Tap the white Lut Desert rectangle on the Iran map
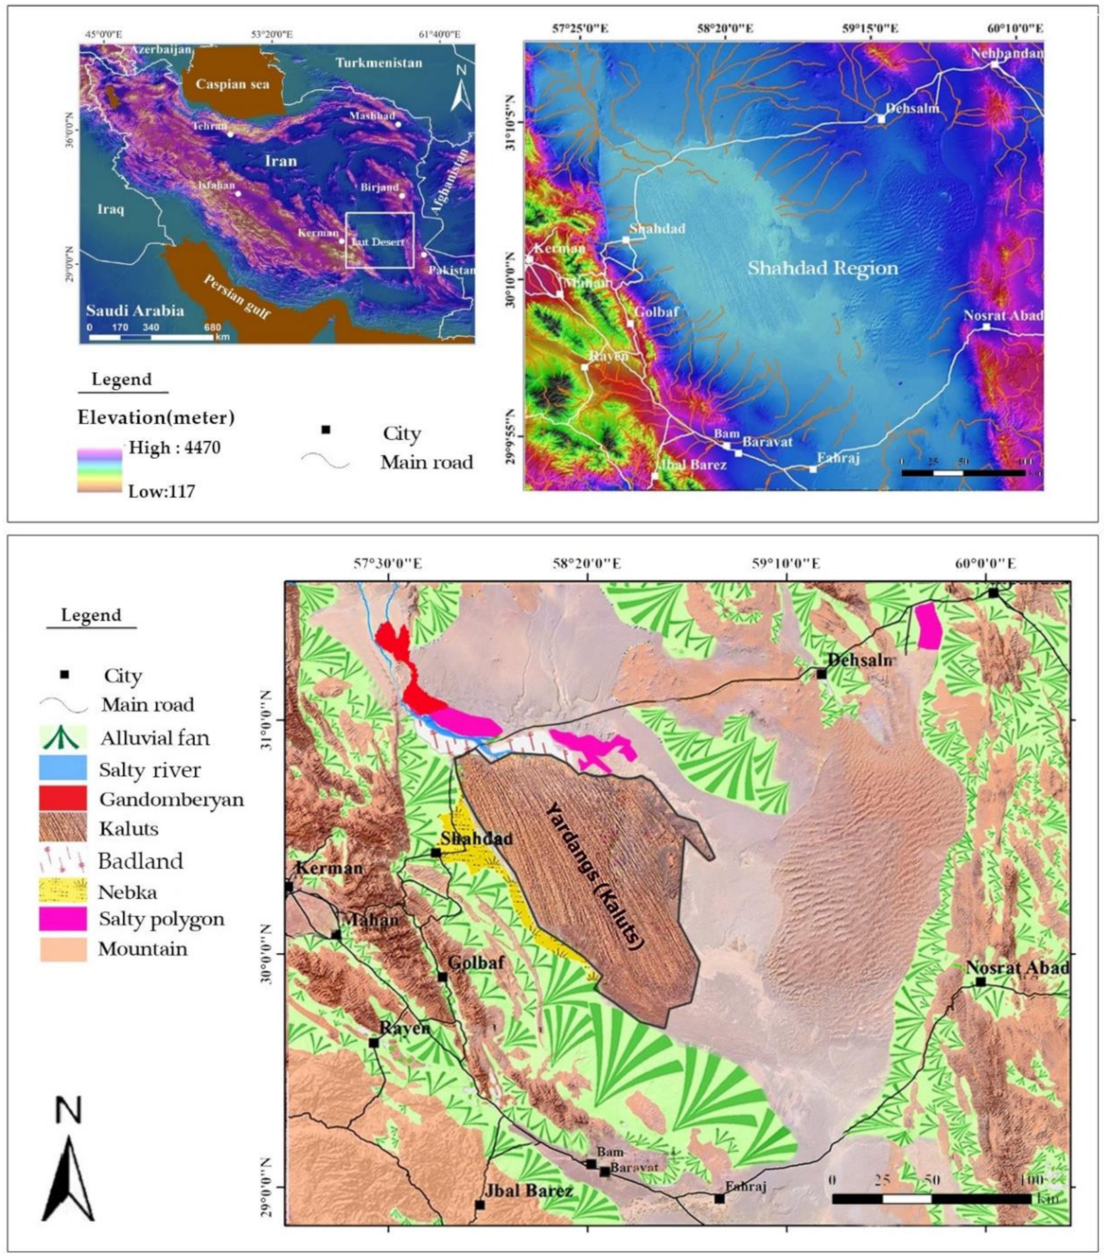[x=380, y=240]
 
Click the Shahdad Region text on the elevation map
[x=822, y=268]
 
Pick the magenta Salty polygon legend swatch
[x=63, y=919]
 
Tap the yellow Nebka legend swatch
[x=63, y=889]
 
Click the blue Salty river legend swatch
[x=63, y=768]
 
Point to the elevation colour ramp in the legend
[x=99, y=470]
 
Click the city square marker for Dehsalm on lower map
[x=822, y=673]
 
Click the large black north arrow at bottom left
[x=68, y=1174]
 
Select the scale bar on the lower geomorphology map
[x=931, y=1199]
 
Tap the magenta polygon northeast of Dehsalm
[x=929, y=626]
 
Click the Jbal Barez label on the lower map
[x=528, y=1191]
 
